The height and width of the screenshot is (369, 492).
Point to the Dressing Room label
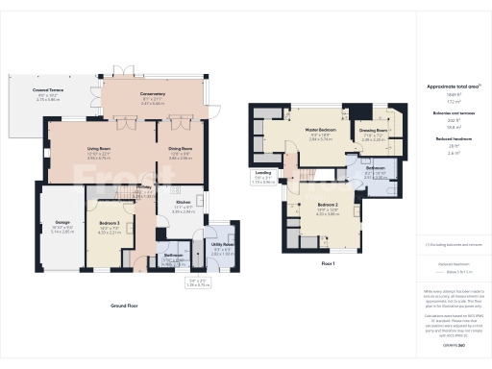(374, 131)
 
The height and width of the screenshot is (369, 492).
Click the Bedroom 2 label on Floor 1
(330, 205)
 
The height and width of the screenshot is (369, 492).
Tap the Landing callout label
(262, 176)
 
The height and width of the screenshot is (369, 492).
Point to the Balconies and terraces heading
(453, 113)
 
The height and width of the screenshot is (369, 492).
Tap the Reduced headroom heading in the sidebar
(453, 139)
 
